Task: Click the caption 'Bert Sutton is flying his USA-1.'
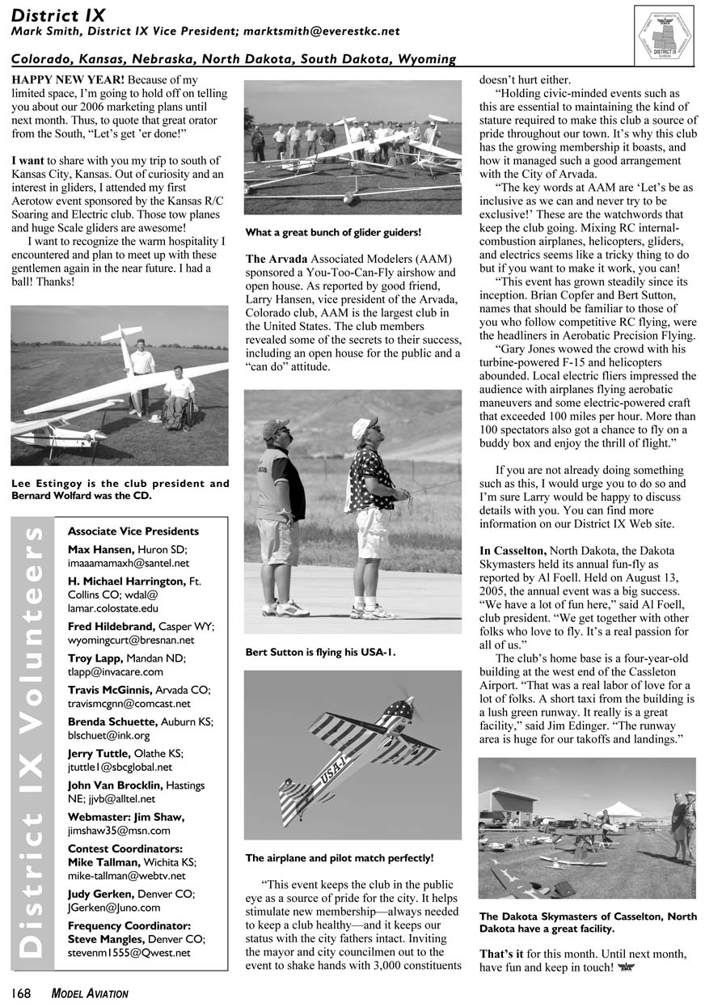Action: click(320, 651)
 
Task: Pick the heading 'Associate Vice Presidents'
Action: click(133, 531)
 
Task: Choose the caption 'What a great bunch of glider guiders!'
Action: click(333, 233)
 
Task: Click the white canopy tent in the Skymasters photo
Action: click(619, 809)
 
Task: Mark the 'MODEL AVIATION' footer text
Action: click(90, 993)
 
